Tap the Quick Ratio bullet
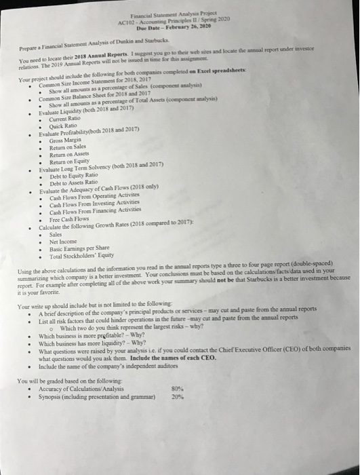point(63,127)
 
